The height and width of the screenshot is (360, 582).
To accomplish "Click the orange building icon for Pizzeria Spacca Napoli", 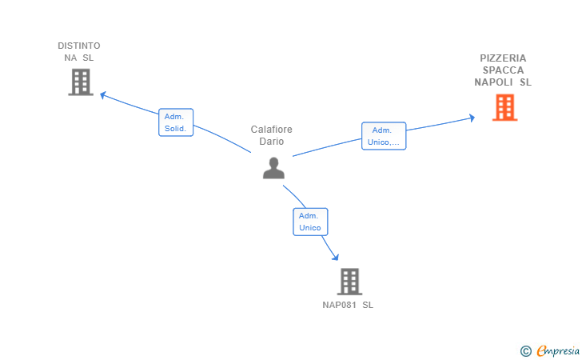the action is coord(504,107).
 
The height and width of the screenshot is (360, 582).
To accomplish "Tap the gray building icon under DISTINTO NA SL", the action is coord(81,82).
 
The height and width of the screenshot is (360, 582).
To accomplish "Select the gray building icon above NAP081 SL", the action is coord(349,282).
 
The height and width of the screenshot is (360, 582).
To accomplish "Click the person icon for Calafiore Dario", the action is coord(273,168).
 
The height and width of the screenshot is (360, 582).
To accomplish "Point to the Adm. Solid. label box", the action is coord(176,122).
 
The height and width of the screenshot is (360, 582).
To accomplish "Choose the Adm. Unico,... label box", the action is coord(384,136).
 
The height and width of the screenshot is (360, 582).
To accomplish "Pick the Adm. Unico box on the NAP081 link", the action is coord(310,222).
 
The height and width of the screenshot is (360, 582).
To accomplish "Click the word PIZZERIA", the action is coord(503,58).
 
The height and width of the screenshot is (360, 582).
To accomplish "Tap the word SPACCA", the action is coord(503,70).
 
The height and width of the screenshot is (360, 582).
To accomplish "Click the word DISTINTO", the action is coord(79,46).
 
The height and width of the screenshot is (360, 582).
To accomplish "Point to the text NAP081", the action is coord(339,305).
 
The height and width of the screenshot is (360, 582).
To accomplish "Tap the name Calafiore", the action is coord(271,130).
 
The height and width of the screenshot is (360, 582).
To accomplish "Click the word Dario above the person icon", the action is coord(271,141).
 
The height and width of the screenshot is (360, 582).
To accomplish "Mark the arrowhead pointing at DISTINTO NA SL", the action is coord(103,95).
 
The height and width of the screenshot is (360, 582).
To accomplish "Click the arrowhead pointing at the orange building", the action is coord(472,118).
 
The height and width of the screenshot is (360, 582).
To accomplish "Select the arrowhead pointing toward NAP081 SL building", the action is coord(335,257).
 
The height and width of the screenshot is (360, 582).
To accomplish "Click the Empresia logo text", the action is coord(558,350).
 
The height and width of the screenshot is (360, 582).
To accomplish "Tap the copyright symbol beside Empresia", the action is coord(525,351).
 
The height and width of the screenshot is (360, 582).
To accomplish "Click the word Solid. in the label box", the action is coord(175,129).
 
